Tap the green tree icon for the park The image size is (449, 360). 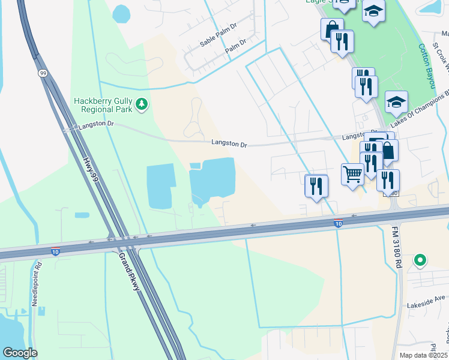(x=142, y=105)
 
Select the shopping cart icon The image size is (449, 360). (x=352, y=175)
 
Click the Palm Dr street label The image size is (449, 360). (x=236, y=46)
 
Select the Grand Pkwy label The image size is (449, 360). (x=129, y=271)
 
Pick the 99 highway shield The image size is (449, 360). (x=43, y=73)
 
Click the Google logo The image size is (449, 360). (x=20, y=353)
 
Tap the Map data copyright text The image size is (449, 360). (x=423, y=355)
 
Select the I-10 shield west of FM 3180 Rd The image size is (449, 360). (x=339, y=223)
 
